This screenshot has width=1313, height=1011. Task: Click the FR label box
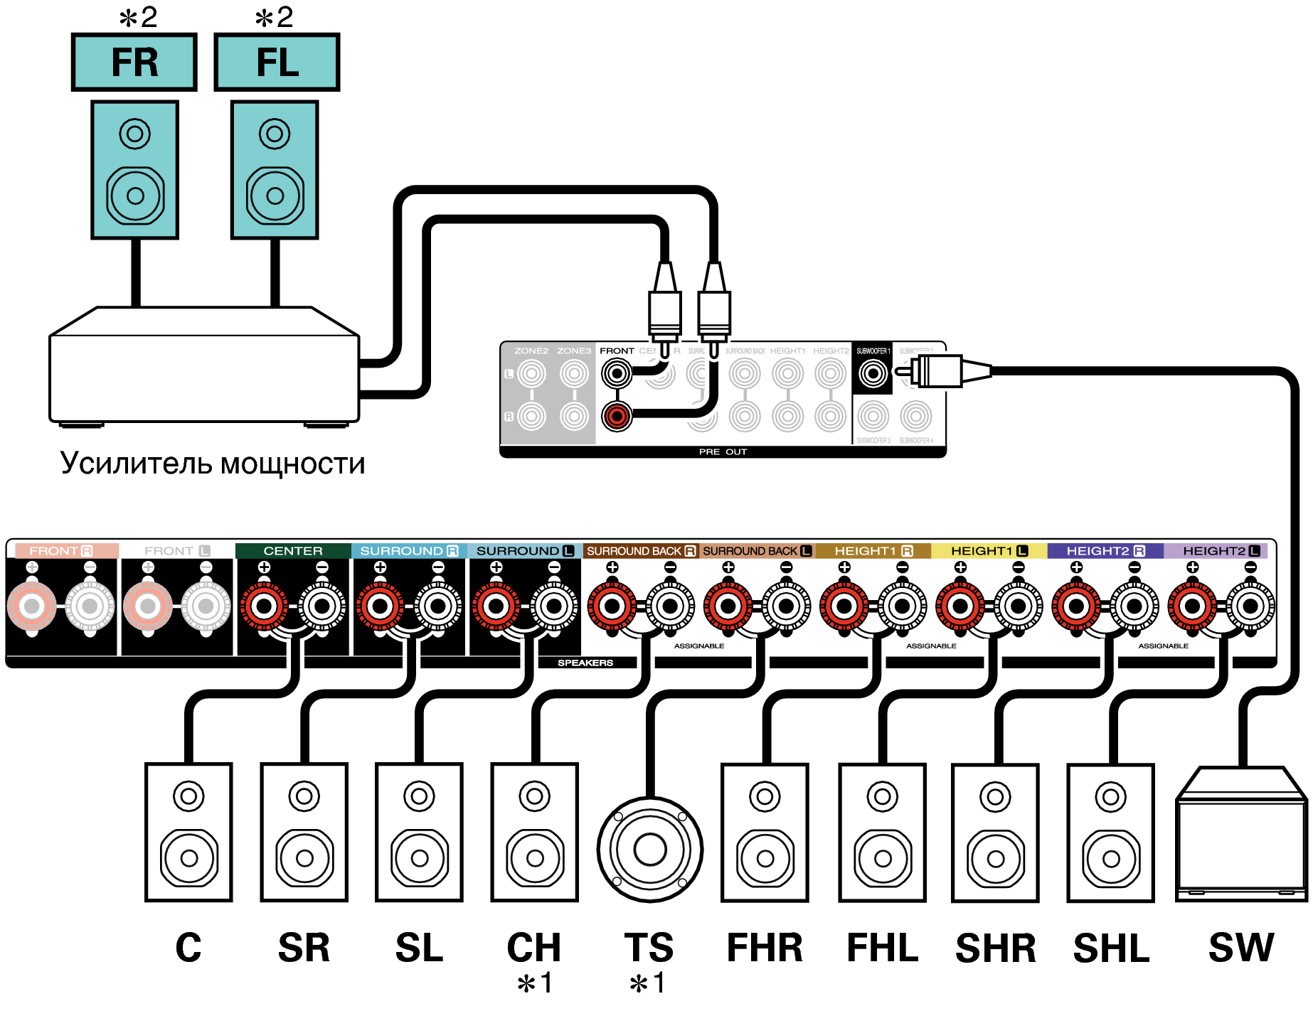point(134,62)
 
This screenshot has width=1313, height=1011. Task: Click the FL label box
point(277,62)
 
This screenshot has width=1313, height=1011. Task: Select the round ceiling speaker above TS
point(649,849)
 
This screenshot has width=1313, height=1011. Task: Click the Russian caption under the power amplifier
point(213,464)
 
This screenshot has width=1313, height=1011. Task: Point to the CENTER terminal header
point(293,551)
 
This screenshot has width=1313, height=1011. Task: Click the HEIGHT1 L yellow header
point(989,551)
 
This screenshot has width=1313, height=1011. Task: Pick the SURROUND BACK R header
point(641,551)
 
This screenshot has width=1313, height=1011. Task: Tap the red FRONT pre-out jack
point(617,416)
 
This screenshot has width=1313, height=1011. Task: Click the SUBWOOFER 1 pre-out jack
point(873,373)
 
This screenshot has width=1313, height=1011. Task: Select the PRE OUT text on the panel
point(723,452)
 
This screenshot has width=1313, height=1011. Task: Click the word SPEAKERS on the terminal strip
point(585,663)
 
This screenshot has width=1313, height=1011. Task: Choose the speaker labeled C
point(188,833)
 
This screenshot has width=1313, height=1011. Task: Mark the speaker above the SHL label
point(1110,833)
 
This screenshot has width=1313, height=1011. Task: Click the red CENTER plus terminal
point(264,606)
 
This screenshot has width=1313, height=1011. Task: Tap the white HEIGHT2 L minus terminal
point(1250,606)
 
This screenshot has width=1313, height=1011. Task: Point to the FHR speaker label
point(765,948)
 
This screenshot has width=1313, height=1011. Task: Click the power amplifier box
point(204,370)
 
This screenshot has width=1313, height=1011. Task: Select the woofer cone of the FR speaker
point(135,195)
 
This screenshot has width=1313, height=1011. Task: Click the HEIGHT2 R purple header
point(1105,551)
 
